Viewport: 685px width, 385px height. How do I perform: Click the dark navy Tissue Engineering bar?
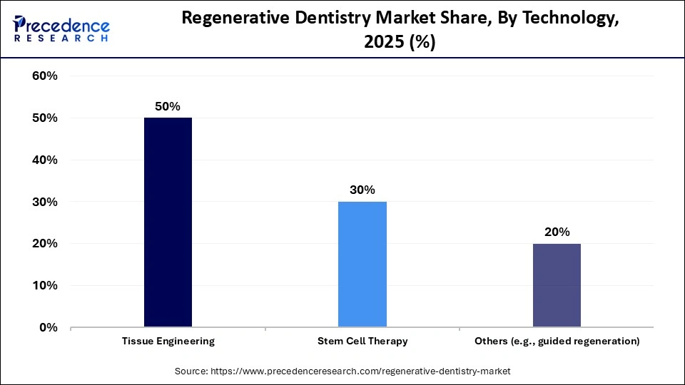coord(168,222)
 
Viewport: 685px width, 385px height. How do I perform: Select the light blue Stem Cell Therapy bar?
coord(362,265)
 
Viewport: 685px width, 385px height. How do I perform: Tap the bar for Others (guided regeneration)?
coord(557,285)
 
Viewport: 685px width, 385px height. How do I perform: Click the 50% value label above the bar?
coord(168,106)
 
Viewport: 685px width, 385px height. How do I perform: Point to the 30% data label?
coord(362,190)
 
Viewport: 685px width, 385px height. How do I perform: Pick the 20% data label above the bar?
coord(557,232)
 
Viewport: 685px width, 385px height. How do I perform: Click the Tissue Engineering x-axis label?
coord(168,342)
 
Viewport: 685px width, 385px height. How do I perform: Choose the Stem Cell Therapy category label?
coord(362,342)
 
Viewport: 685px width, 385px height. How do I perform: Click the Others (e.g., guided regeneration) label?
coord(557,342)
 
